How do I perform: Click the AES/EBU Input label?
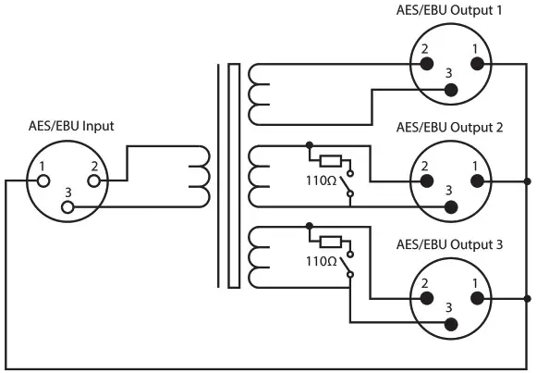pos(71,126)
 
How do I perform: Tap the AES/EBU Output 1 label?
pos(449,10)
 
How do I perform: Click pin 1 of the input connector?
pos(42,181)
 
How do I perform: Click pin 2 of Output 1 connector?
pos(426,64)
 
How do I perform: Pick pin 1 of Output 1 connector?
pos(477,64)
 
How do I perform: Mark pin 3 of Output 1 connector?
pos(451,90)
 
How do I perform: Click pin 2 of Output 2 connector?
pos(426,181)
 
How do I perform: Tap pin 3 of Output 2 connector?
pos(451,206)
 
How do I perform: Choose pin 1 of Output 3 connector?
pos(477,298)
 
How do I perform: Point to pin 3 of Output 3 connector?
pos(451,324)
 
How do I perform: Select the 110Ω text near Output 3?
pos(322,262)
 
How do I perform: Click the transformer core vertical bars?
pos(227,176)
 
